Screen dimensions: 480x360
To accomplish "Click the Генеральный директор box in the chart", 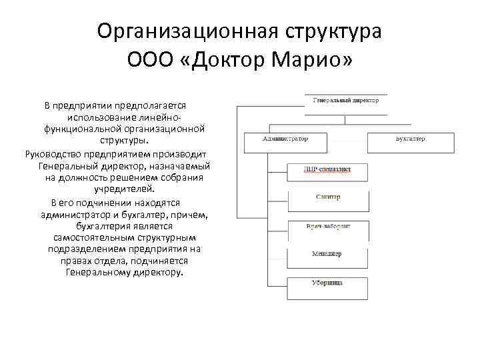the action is pyautogui.click(x=345, y=101).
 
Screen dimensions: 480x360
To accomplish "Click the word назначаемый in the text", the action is pyautogui.click(x=183, y=166).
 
